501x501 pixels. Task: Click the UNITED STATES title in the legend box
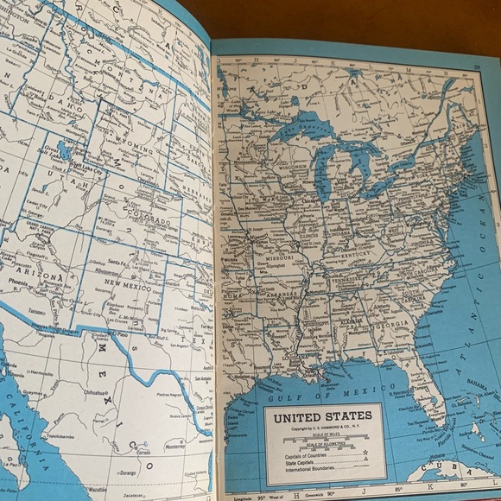[x=323, y=415]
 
